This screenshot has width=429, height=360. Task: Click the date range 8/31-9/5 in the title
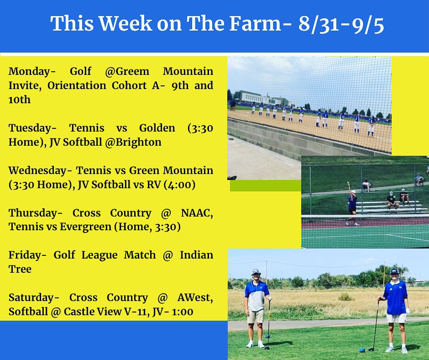[x=342, y=24]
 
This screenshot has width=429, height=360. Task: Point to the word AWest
[x=195, y=297]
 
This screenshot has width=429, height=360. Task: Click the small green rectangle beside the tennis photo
[x=265, y=185]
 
